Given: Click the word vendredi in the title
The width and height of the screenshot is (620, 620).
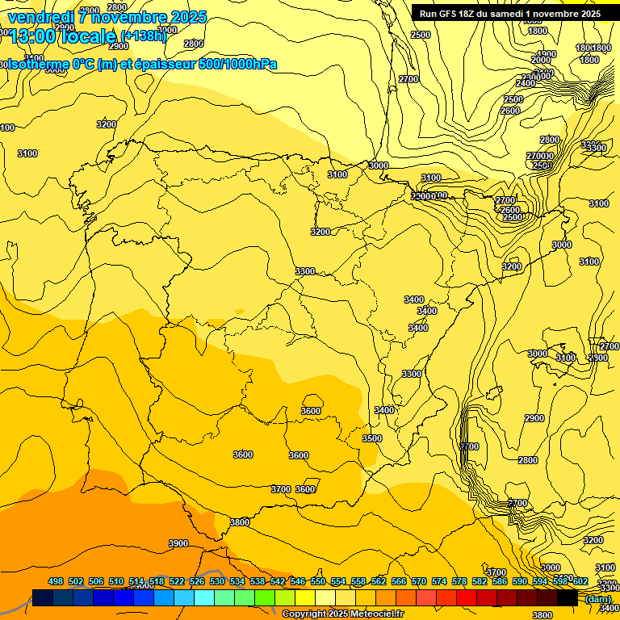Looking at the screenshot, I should (x=41, y=17).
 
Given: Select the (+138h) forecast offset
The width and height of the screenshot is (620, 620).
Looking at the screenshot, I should (x=143, y=36).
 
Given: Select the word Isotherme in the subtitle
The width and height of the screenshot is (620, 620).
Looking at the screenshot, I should (x=37, y=64).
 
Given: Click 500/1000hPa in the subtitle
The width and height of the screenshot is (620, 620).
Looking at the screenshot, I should (x=237, y=64).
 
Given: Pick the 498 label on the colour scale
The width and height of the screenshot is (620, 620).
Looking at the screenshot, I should (x=56, y=581).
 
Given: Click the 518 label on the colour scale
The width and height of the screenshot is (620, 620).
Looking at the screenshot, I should (x=157, y=581).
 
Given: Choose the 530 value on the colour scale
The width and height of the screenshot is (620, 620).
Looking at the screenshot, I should (x=217, y=581).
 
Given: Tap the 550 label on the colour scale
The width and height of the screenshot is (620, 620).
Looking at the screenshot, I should (x=318, y=581).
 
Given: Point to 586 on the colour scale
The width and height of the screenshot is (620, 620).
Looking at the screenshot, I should (x=500, y=581).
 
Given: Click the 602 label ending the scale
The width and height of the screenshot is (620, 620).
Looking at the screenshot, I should (x=580, y=581).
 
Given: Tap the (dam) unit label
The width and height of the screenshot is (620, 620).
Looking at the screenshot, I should (x=597, y=598).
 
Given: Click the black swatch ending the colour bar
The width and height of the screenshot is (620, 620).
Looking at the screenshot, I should (x=568, y=597).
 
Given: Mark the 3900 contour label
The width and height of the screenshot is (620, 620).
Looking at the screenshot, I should (x=178, y=543).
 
